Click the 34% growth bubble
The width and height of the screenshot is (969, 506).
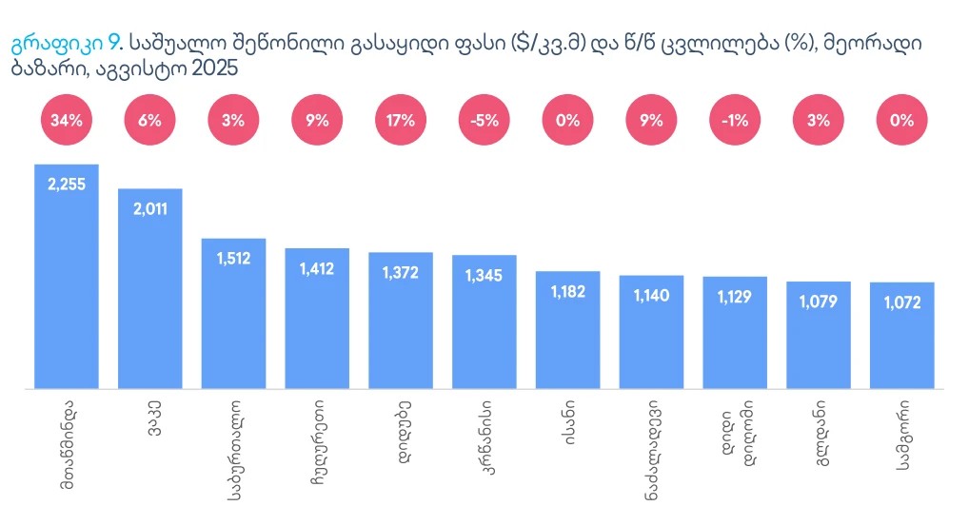pos(66,120)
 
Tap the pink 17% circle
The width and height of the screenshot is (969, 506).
pos(401,120)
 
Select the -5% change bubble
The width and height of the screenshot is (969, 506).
pos(484,120)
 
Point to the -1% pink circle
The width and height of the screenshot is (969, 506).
pos(735,120)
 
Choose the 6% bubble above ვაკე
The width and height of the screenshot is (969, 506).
pos(149,120)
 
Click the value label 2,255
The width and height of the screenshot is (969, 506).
pos(67,184)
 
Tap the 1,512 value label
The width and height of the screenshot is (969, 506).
pos(233,258)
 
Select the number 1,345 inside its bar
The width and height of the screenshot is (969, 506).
pos(484,275)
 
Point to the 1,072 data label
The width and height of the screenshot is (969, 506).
pos(901,302)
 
